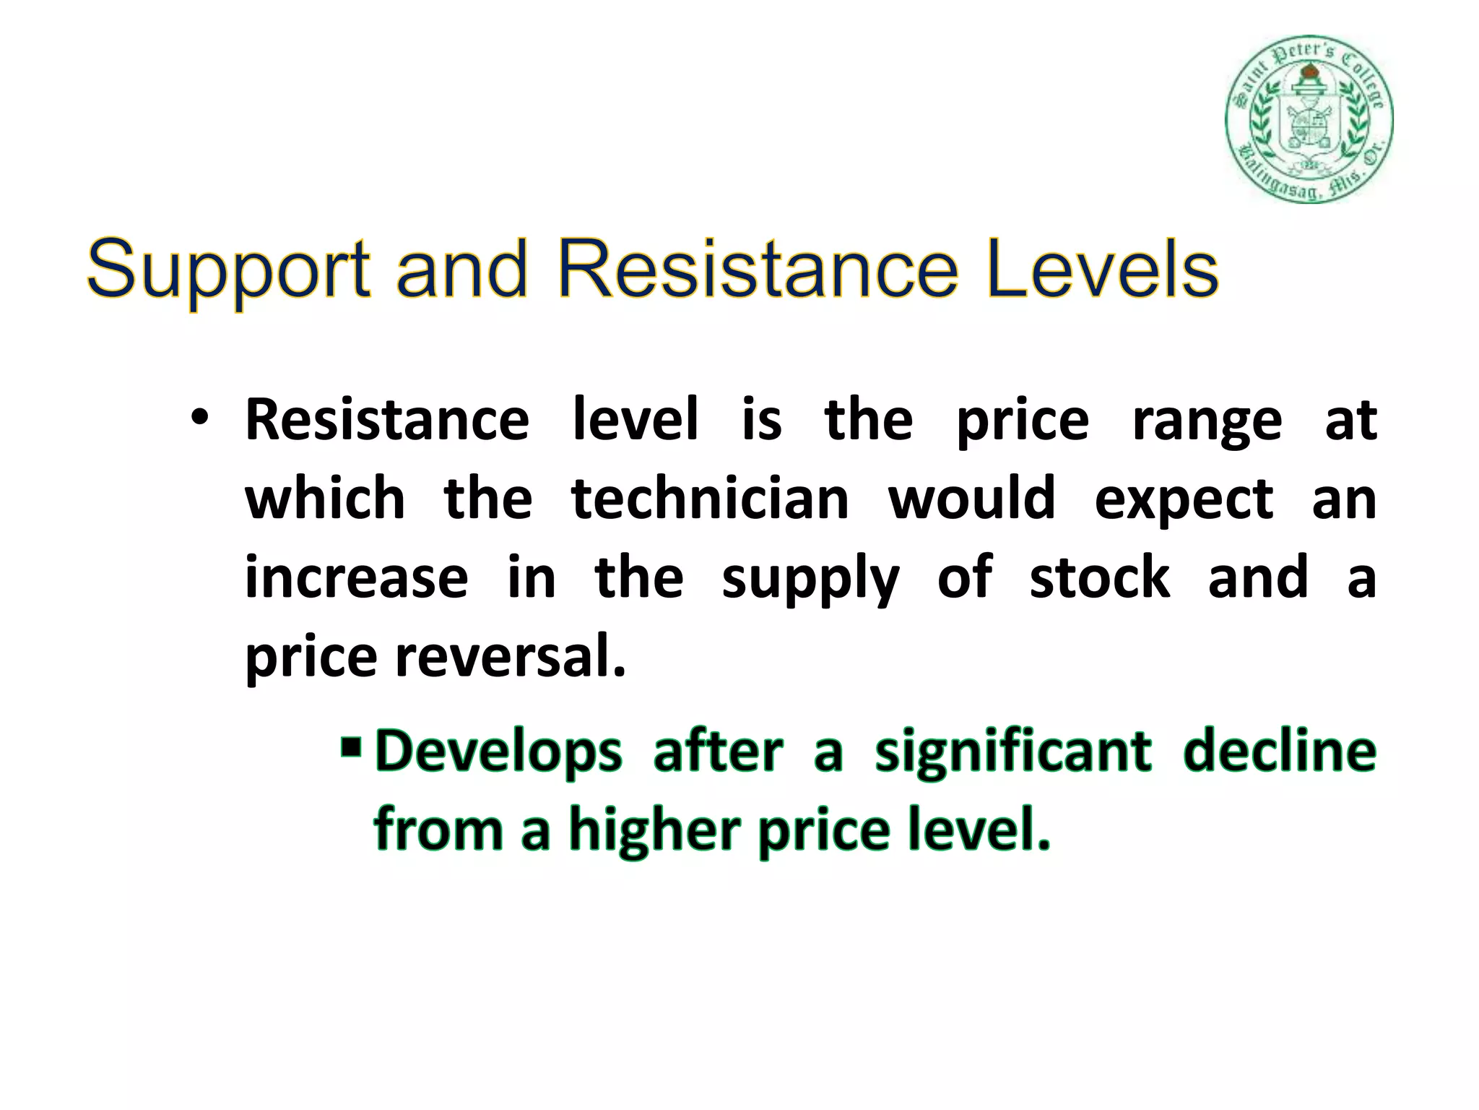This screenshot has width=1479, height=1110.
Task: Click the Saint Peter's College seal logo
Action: [1309, 119]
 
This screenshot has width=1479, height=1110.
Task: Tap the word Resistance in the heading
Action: [758, 270]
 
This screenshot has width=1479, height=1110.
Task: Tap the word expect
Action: [1184, 500]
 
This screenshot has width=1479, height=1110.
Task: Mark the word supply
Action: [810, 580]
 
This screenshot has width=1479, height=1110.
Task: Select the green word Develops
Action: [498, 752]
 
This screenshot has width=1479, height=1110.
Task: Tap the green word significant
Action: [1012, 752]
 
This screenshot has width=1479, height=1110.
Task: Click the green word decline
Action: [1280, 751]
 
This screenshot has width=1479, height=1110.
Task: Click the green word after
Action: [718, 751]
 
